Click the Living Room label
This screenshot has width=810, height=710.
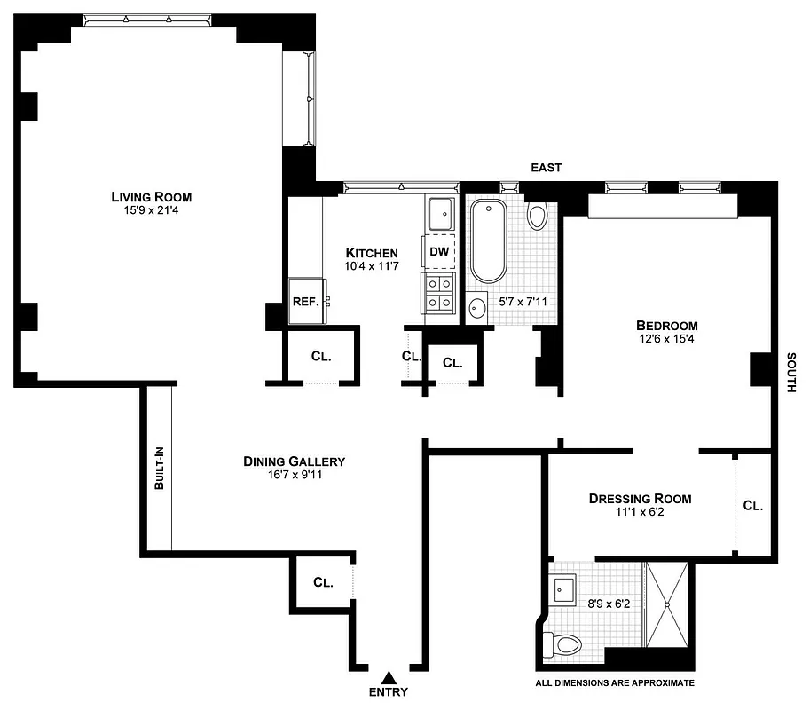click(x=151, y=196)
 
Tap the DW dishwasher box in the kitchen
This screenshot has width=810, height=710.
click(x=439, y=251)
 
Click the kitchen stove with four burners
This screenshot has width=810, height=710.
click(x=439, y=293)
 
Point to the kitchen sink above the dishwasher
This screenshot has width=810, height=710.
click(x=440, y=215)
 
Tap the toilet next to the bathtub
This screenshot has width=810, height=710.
click(x=538, y=216)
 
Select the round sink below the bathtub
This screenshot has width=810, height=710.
click(x=477, y=309)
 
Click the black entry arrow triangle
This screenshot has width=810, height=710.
click(x=389, y=677)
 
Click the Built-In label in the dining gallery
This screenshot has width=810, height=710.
click(x=159, y=469)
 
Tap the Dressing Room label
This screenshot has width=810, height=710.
click(x=640, y=498)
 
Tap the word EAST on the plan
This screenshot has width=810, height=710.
click(x=547, y=168)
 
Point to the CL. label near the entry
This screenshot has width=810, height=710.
click(x=323, y=583)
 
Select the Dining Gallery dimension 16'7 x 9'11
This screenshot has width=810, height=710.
click(x=294, y=477)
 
